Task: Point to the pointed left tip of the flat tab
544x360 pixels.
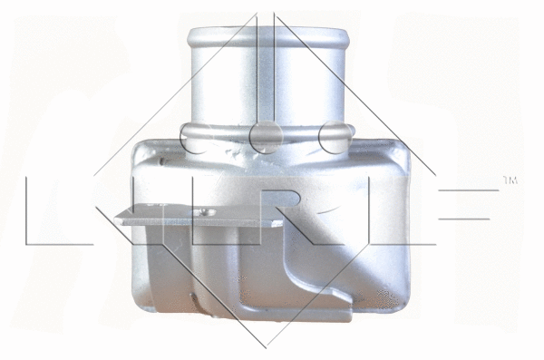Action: pyautogui.click(x=118, y=216)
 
